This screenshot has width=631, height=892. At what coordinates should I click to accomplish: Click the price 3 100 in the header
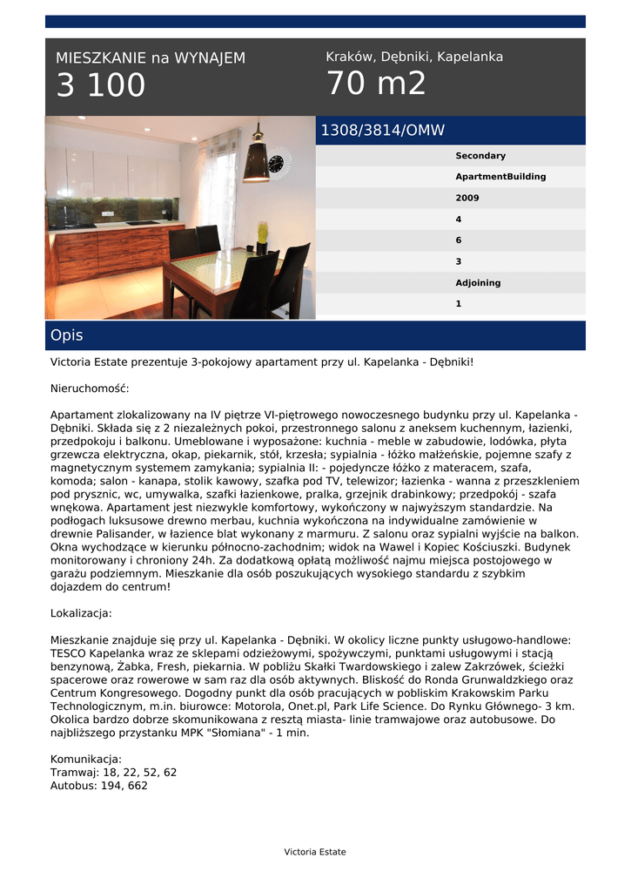[101, 85]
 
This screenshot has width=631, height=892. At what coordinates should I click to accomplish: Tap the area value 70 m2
[376, 84]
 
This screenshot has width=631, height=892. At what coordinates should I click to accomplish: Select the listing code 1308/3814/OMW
[383, 131]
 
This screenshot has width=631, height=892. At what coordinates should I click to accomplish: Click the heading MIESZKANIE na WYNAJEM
[151, 58]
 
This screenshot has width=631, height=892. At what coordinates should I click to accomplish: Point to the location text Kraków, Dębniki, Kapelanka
[414, 57]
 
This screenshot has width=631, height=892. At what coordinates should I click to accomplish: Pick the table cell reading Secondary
[480, 156]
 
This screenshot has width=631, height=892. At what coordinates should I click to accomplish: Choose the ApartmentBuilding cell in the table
[500, 177]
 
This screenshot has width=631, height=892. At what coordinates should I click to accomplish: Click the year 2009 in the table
[467, 199]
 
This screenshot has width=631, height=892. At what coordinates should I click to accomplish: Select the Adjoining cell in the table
[478, 283]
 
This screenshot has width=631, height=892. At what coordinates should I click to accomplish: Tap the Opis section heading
[67, 335]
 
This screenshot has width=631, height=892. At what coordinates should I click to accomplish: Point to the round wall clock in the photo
[278, 163]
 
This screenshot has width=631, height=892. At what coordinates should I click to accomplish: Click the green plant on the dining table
[262, 234]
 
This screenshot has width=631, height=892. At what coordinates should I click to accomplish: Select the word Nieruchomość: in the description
[90, 389]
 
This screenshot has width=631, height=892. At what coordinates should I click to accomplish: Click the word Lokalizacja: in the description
[81, 613]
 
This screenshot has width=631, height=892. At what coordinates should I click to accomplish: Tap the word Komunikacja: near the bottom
[86, 759]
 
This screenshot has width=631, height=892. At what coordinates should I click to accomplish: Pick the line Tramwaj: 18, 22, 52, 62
[113, 772]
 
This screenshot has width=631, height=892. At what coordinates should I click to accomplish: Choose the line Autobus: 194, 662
[99, 785]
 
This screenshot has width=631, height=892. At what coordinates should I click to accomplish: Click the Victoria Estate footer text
[315, 852]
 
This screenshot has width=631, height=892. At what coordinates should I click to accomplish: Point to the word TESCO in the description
[67, 652]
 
